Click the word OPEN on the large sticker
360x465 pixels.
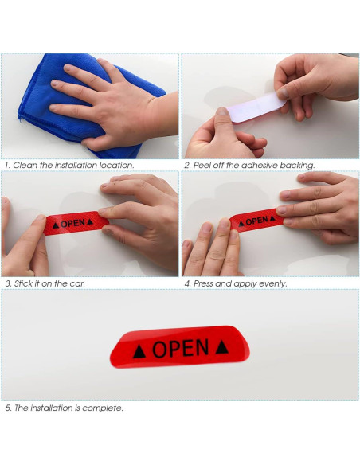(180, 348)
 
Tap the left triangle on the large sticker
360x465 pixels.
(140, 350)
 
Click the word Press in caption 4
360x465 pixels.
(205, 283)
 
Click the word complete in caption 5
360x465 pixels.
(106, 408)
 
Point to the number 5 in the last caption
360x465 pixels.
(6, 408)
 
